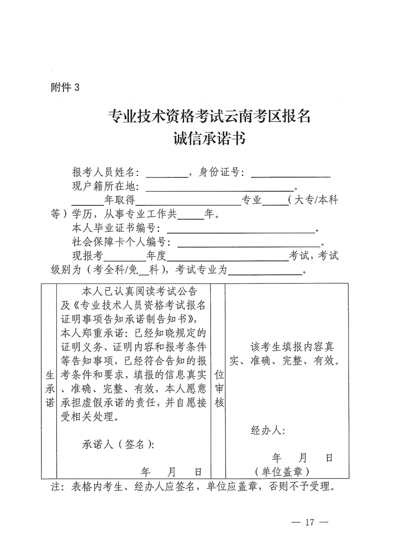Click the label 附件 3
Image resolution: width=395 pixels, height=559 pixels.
(65, 88)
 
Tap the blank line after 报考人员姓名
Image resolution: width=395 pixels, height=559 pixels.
(166, 175)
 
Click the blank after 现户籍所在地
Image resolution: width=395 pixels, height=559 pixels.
(220, 189)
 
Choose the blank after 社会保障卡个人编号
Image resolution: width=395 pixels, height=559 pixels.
(250, 244)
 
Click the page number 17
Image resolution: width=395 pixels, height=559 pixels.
(309, 522)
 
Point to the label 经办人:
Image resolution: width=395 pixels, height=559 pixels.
(267, 431)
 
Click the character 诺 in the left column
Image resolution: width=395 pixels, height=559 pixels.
(50, 403)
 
